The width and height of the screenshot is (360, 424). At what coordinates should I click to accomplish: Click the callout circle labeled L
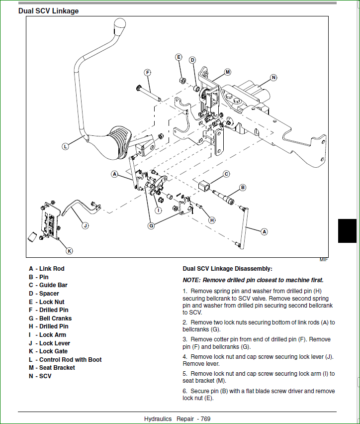pyautogui.click(x=65, y=146)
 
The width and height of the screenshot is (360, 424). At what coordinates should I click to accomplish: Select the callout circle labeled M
pyautogui.click(x=227, y=72)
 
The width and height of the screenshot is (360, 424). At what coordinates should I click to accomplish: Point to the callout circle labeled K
pyautogui.click(x=69, y=250)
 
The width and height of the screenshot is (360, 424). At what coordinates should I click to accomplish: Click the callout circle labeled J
pyautogui.click(x=85, y=225)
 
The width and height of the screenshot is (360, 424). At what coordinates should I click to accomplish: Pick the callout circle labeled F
pyautogui.click(x=148, y=72)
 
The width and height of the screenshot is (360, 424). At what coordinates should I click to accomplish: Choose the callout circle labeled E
pyautogui.click(x=179, y=57)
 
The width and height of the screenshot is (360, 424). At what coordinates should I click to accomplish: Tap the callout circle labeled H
pyautogui.click(x=212, y=220)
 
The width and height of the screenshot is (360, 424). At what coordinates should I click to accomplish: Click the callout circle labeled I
pyautogui.click(x=159, y=210)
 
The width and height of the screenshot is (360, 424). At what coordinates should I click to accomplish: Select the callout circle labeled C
pyautogui.click(x=226, y=174)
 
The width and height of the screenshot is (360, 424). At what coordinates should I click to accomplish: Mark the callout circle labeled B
pyautogui.click(x=243, y=188)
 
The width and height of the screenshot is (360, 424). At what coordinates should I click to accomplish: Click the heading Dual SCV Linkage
pyautogui.click(x=48, y=10)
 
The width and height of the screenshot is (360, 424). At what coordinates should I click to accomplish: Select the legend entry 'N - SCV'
pyautogui.click(x=40, y=376)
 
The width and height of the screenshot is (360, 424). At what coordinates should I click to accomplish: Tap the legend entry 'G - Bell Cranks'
pyautogui.click(x=50, y=318)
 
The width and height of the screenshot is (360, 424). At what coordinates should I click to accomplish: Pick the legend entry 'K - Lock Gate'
pyautogui.click(x=48, y=351)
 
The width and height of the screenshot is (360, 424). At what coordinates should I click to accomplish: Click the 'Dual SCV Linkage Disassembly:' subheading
pyautogui.click(x=227, y=268)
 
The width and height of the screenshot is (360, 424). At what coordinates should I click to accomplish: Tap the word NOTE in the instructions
pyautogui.click(x=191, y=280)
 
